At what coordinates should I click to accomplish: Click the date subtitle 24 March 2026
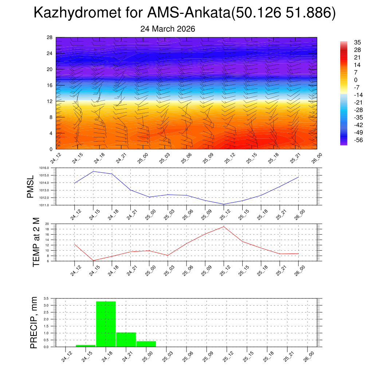pos(168,29)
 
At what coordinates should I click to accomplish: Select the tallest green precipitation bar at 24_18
pos(106,324)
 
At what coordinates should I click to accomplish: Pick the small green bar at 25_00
pos(146,344)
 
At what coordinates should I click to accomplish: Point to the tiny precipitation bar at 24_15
pos(86,346)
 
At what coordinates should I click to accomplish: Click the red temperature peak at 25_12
pos(224,227)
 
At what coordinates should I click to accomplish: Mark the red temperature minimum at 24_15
pos(93,260)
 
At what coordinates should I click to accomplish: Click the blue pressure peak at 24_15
pos(93,172)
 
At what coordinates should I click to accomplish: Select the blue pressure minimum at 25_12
pos(224,204)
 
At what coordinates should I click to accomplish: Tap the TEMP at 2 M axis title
pos(36,242)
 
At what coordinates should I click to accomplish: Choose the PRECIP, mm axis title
pos(34,323)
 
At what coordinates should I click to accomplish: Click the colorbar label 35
pos(357,42)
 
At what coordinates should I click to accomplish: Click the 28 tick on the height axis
pos(50,37)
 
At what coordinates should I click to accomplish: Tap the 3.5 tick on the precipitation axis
pos(46,298)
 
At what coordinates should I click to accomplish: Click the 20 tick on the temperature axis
pos(47,224)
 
